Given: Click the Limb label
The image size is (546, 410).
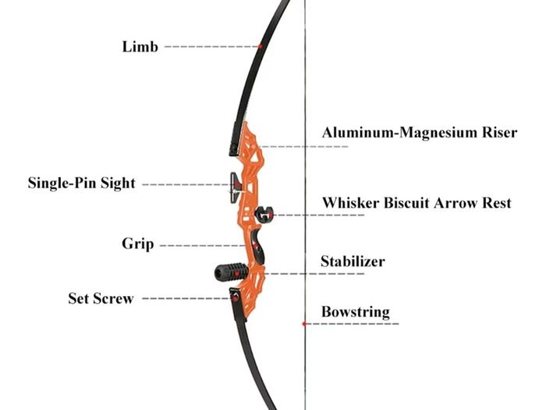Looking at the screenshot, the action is [x=140, y=47].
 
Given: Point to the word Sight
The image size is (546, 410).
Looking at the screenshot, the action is [x=118, y=184].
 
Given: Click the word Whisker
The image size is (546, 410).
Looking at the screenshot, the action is [x=351, y=203].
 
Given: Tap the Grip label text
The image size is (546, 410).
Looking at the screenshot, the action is [x=138, y=244].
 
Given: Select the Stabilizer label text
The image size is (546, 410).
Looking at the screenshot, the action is [x=353, y=262].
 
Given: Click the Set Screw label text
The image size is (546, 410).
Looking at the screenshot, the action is [x=101, y=298].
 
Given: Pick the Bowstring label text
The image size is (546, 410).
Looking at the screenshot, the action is [x=356, y=312].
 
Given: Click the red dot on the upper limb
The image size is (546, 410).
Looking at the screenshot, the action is [x=260, y=46].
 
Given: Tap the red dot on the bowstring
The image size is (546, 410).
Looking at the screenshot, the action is [x=304, y=324].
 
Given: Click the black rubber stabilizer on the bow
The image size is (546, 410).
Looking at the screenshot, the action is [x=231, y=272].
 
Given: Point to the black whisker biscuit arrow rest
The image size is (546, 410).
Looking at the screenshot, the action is [x=264, y=214].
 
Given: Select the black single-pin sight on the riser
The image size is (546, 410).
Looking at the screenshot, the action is [x=236, y=188].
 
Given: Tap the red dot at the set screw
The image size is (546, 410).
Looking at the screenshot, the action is [x=236, y=298].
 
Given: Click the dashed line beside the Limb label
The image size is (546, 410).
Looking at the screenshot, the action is [x=211, y=46].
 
